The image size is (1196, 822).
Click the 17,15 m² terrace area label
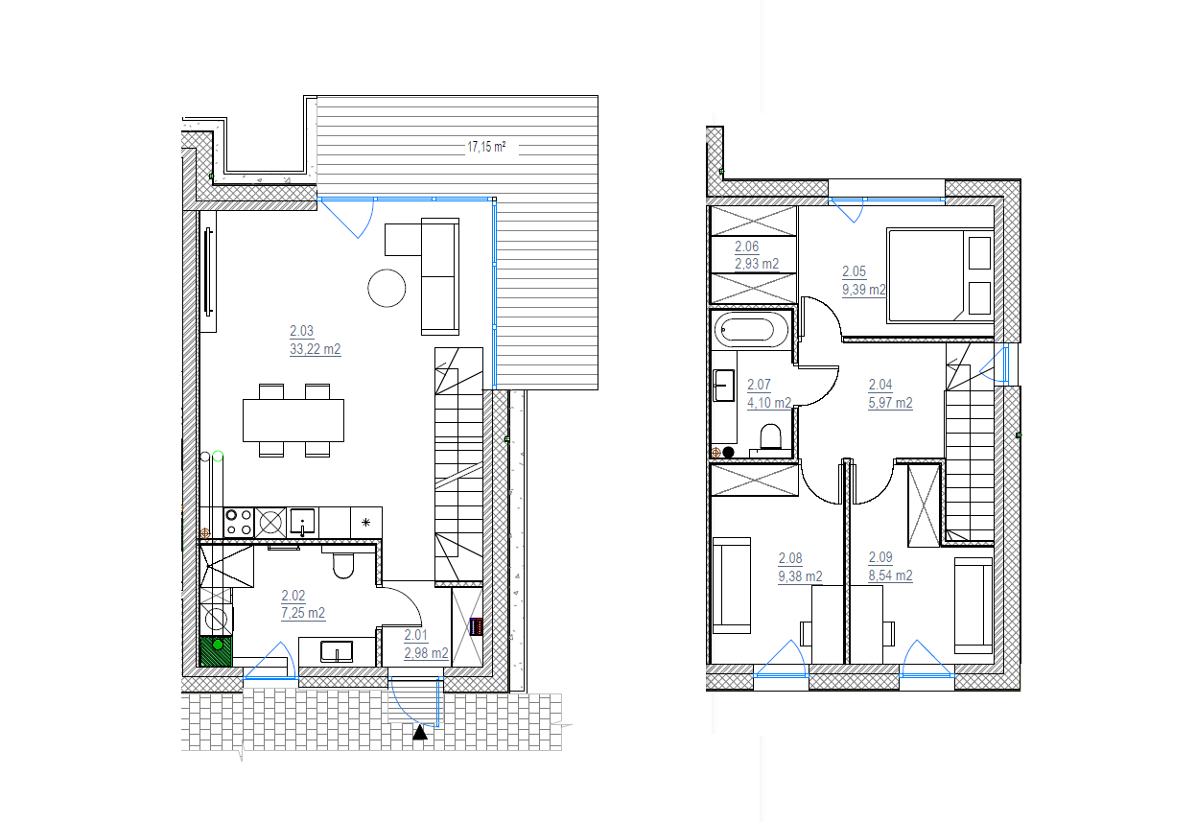(486, 147)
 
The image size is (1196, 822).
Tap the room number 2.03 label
(302, 331)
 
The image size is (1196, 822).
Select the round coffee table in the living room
(387, 288)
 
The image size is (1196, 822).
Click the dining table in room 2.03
(293, 420)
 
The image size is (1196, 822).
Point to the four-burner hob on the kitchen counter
(238, 523)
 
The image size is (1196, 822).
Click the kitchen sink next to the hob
(302, 522)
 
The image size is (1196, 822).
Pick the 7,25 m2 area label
(303, 613)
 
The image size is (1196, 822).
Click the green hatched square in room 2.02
(216, 651)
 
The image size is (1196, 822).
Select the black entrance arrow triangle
(420, 732)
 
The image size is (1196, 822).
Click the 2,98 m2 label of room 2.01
(426, 653)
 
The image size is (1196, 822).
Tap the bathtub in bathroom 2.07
(751, 330)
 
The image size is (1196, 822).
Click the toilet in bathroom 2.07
(770, 436)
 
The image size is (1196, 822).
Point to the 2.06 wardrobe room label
(746, 247)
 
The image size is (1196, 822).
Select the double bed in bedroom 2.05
(940, 275)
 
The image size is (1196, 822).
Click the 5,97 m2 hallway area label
(891, 403)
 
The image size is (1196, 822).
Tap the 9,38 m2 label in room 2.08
(800, 576)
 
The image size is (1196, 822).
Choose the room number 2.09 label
(880, 557)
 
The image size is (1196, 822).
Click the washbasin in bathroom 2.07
(724, 385)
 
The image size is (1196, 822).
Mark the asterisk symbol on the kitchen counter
(365, 523)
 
